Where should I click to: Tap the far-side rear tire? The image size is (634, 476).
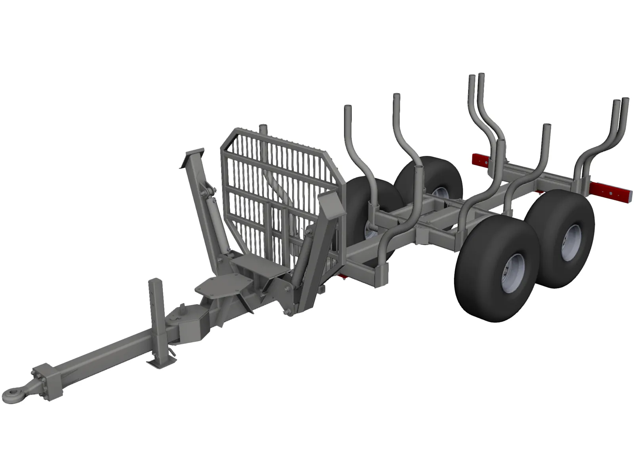430,177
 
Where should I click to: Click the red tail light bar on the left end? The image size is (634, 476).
481,161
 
